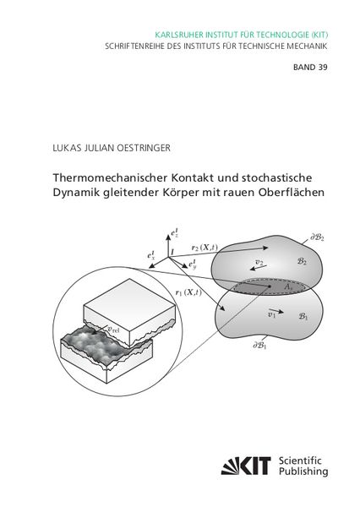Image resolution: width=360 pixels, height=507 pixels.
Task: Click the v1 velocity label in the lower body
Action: tap(272, 315)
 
